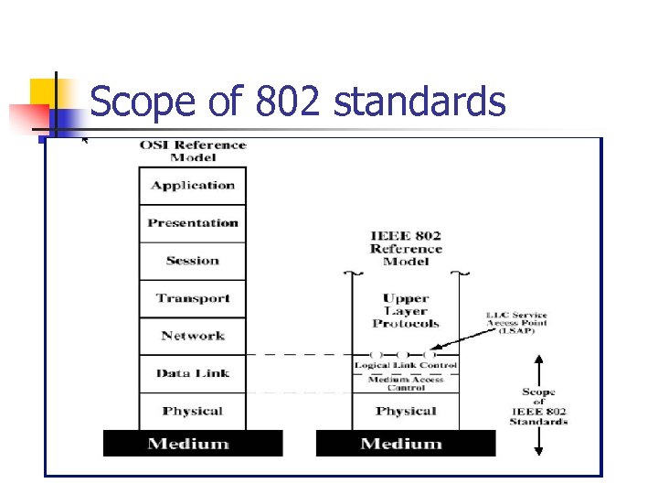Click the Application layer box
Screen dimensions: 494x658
192,186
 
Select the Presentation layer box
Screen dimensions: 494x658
192,223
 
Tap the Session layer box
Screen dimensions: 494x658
192,261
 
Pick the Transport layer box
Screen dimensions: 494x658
192,298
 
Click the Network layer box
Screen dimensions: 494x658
192,336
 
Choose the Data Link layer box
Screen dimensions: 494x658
192,373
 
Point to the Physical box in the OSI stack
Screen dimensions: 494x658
192,411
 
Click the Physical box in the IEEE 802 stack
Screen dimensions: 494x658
405,411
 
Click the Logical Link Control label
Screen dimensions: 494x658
405,366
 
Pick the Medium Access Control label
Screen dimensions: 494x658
405,383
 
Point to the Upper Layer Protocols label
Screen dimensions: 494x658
405,311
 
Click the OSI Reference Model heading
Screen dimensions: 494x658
192,151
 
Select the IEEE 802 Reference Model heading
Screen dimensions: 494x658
405,248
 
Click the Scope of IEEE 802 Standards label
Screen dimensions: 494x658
538,407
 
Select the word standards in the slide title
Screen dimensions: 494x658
419,102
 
